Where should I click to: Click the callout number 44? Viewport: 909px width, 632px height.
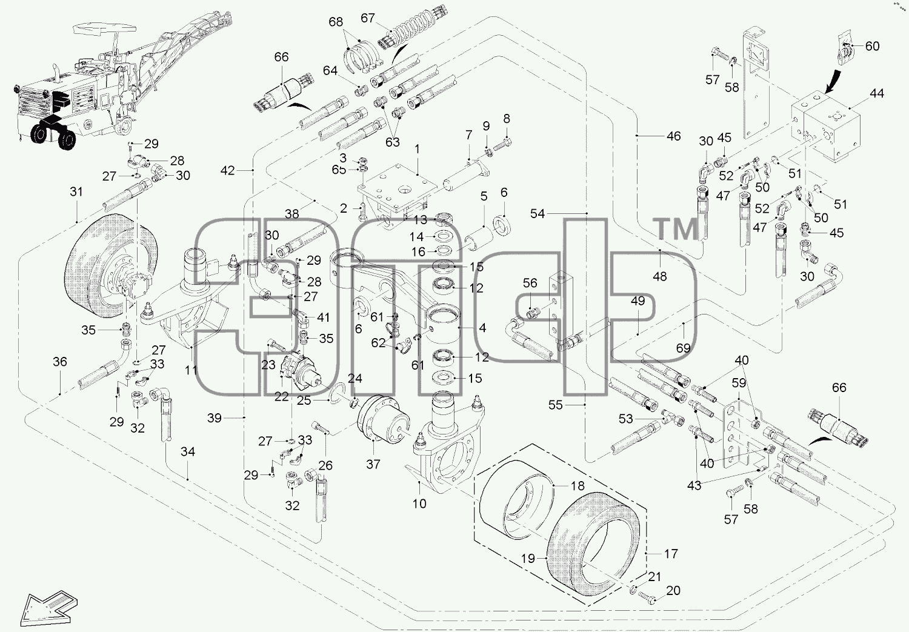[x=877, y=93]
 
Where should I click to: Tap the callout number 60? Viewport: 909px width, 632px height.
[x=872, y=46]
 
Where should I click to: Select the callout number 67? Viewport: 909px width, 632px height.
[x=368, y=18]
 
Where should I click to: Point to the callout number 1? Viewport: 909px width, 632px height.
[x=417, y=149]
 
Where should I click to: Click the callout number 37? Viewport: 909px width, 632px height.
[x=373, y=464]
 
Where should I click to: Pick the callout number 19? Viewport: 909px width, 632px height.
[x=528, y=559]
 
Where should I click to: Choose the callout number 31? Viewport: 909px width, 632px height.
[x=76, y=191]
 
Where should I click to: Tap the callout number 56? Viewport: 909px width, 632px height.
[x=530, y=283]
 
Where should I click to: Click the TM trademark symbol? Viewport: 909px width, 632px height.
[x=674, y=228]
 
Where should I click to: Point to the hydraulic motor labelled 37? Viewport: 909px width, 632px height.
[x=384, y=421]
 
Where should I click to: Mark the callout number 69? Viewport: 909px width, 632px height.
[x=684, y=348]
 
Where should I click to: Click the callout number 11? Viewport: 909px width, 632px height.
[x=191, y=370]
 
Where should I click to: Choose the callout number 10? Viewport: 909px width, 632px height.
[x=419, y=504]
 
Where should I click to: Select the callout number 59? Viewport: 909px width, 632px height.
[x=739, y=383]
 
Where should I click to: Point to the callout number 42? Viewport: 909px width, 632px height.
[x=228, y=170]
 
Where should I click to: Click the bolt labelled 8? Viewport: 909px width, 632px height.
[x=502, y=144]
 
